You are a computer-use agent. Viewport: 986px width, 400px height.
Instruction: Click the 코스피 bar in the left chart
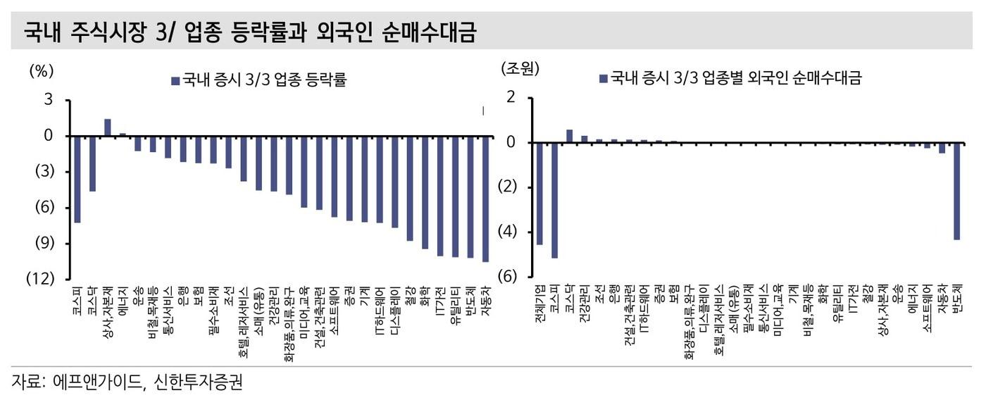(x=77, y=179)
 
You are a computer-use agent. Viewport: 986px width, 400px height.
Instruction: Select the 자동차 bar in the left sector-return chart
(x=485, y=199)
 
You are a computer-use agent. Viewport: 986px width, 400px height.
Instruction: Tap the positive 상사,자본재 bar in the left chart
(x=107, y=127)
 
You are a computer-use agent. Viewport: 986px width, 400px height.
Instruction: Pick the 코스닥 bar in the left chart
(x=92, y=163)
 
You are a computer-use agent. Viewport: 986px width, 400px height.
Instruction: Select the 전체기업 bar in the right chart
(x=539, y=194)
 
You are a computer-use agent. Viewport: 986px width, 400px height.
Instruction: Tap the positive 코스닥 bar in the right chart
(x=569, y=136)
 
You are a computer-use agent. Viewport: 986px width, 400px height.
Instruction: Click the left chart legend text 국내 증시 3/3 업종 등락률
(x=264, y=80)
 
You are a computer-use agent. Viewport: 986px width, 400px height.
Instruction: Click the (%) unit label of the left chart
(x=41, y=70)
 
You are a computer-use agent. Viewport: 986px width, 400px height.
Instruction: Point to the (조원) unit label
(x=519, y=69)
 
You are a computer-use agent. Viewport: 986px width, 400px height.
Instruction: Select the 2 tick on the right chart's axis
(x=511, y=97)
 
